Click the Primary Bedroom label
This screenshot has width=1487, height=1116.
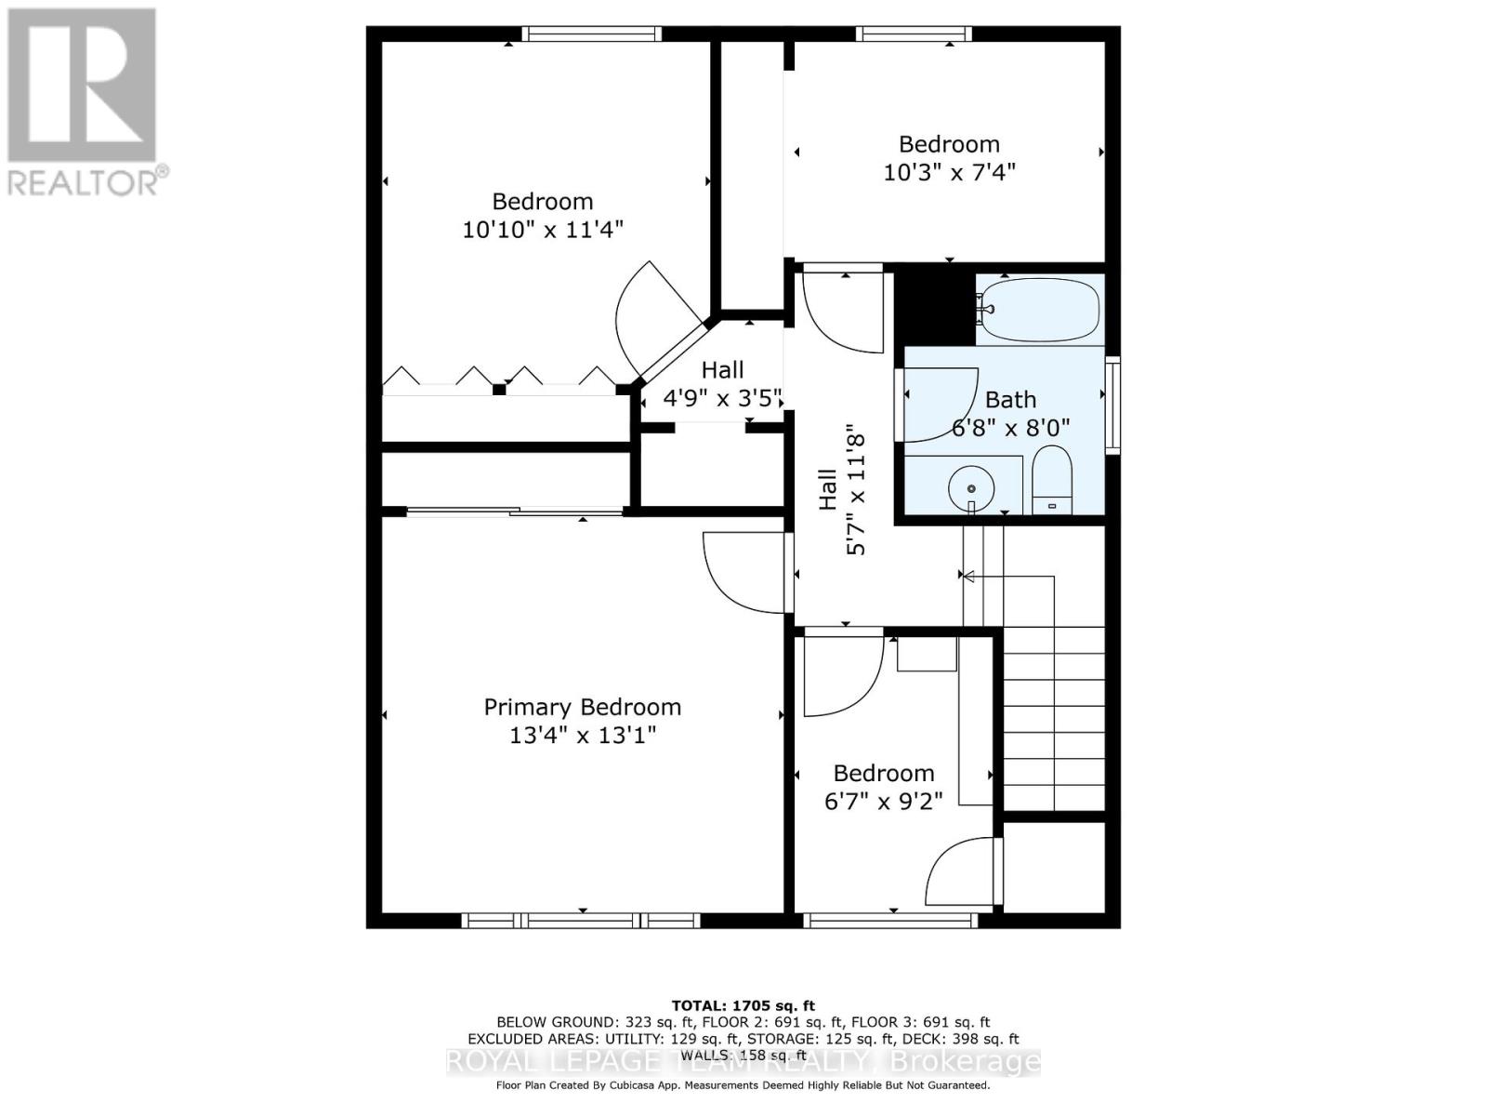coord(582,707)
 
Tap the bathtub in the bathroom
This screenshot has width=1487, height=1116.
coord(1039,310)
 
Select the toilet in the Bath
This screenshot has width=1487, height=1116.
coord(1051,479)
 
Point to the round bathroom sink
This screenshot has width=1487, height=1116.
coord(971,488)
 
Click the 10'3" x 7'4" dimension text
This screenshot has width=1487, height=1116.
coord(949,173)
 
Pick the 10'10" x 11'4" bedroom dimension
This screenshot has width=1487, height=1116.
coord(542,230)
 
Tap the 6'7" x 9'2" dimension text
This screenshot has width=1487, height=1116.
coord(884,802)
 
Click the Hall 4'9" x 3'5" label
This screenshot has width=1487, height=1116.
coord(722,383)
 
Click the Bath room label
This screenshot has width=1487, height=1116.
coord(1010,400)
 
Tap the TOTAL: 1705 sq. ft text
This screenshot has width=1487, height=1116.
coord(743,1005)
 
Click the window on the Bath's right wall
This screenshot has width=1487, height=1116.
coord(1112,405)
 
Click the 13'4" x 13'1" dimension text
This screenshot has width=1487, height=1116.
coord(583,736)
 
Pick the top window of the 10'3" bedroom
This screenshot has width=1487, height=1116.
coord(914,33)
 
